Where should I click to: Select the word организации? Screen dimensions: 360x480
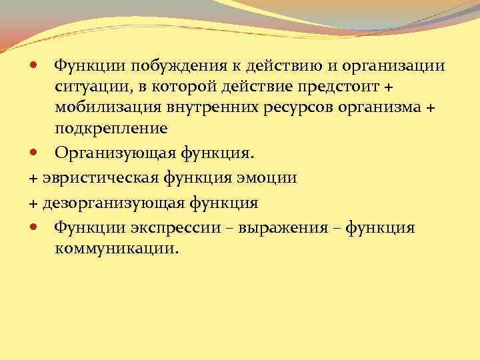396,65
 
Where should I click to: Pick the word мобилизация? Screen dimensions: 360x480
109,107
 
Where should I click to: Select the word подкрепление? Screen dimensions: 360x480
110,127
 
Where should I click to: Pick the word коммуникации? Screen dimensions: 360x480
117,249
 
